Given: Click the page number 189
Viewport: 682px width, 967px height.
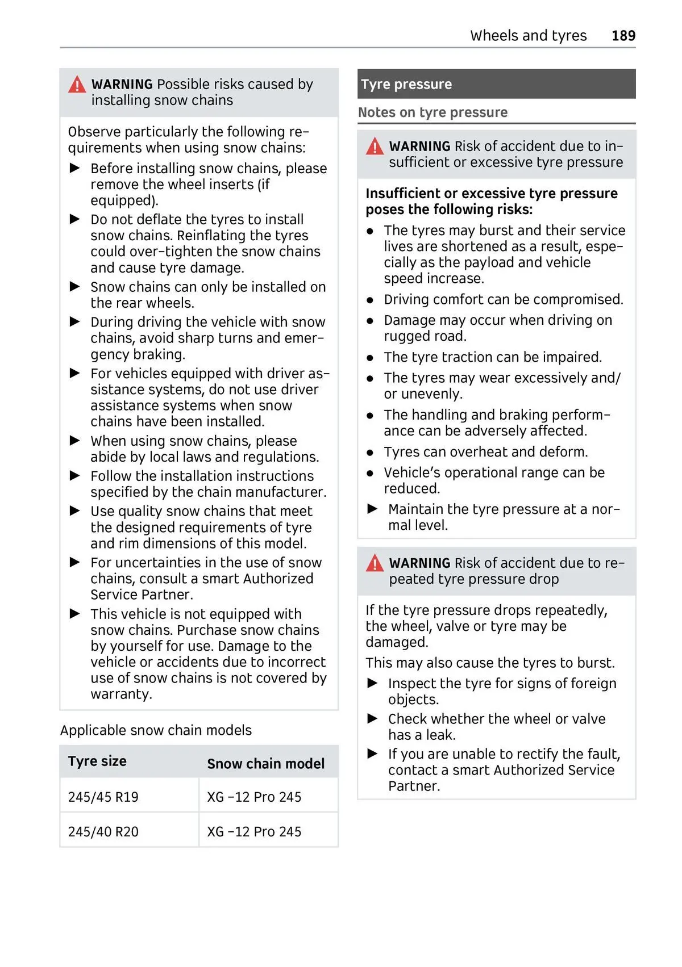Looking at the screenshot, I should [x=623, y=36].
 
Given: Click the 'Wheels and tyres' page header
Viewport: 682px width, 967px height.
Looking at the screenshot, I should [x=528, y=36].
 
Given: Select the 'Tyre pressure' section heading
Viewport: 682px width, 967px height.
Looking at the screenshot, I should [x=406, y=85].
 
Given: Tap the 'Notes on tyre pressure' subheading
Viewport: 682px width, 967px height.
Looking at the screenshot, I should [x=433, y=112].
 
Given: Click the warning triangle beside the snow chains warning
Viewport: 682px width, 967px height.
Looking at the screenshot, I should [x=77, y=85].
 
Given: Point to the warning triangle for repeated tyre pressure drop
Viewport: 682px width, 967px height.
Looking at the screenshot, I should [x=375, y=564].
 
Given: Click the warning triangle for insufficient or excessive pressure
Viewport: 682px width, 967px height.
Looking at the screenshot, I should [x=375, y=147].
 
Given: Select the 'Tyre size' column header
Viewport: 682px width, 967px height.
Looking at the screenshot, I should [x=97, y=761].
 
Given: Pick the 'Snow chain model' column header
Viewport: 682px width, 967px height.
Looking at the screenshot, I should [x=265, y=764].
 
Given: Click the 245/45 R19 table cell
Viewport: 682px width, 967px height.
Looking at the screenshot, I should [x=103, y=797].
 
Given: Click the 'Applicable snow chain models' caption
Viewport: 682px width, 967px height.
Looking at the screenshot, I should [x=156, y=730].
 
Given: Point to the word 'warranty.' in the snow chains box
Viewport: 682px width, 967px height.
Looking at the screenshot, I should [x=121, y=694].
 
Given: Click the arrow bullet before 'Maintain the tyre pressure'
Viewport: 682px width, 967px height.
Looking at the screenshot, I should [x=373, y=509].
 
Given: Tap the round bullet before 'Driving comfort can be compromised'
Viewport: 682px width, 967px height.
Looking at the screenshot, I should [x=370, y=300].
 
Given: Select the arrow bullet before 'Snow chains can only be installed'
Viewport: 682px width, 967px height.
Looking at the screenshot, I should [x=75, y=287].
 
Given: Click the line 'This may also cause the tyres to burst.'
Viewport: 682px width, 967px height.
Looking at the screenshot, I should [x=490, y=663].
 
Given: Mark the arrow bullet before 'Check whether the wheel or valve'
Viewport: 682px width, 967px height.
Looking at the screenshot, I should [x=373, y=719].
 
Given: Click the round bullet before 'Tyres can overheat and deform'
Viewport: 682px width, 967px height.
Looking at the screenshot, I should [x=370, y=453].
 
